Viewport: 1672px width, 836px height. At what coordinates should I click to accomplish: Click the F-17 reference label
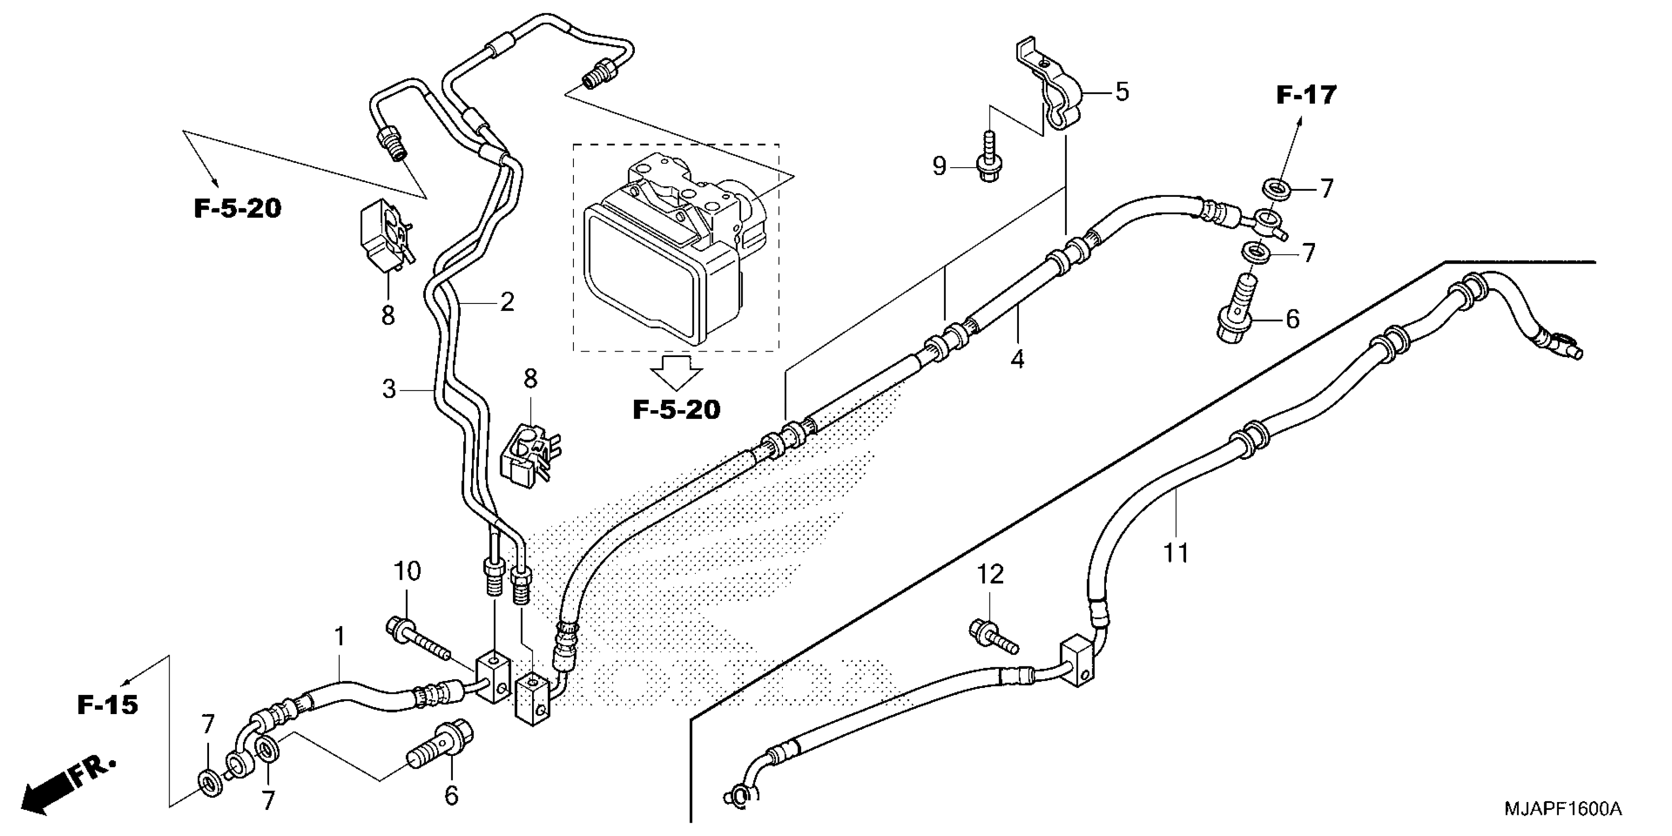click(1306, 95)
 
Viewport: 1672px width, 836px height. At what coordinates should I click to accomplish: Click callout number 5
click(1122, 91)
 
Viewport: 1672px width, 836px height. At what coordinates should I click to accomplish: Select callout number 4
click(1017, 359)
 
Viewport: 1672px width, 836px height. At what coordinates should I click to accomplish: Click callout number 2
click(507, 302)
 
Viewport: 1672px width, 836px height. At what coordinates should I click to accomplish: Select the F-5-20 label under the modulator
click(676, 410)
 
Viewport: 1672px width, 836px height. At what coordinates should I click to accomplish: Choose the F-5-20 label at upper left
click(238, 209)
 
